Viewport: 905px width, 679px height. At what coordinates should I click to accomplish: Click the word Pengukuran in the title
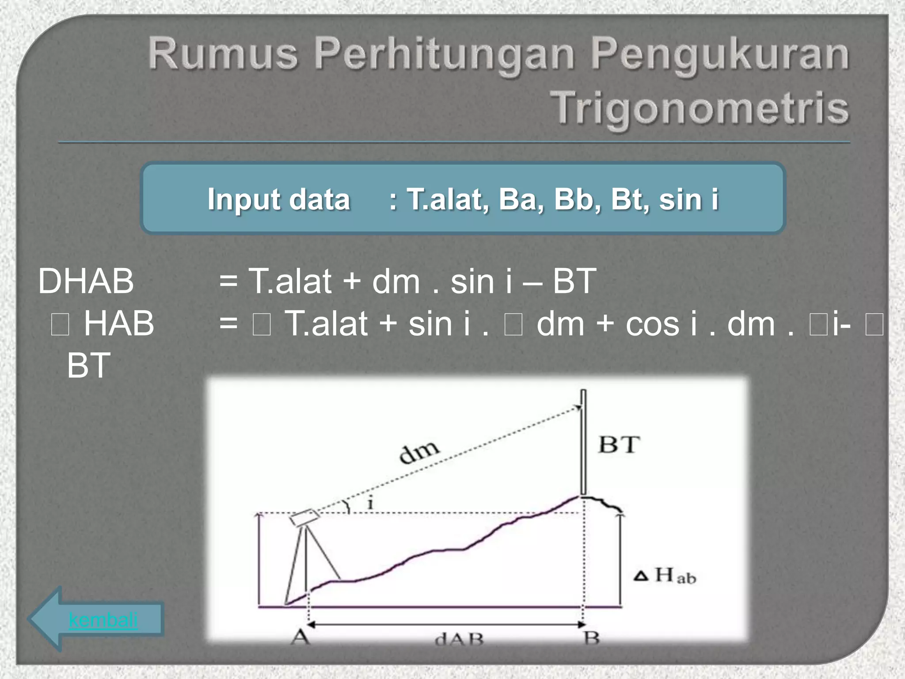[719, 55]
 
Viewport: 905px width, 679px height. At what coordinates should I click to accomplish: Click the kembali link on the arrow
[103, 620]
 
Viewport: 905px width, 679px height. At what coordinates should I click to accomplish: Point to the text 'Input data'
[279, 199]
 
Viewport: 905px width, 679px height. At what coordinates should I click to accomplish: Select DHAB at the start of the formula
[86, 281]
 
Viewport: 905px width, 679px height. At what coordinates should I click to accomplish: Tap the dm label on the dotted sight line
[419, 451]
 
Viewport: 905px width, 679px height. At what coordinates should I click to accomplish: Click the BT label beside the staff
[619, 445]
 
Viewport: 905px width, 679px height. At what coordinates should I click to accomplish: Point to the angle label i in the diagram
[370, 504]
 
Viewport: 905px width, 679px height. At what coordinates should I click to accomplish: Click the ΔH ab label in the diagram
[665, 576]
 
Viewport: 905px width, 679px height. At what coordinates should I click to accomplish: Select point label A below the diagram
[300, 637]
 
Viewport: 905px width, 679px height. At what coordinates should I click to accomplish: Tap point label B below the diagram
[591, 638]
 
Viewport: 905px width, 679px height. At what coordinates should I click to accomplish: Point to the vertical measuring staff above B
[583, 442]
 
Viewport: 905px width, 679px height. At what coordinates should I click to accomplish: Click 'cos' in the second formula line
[652, 324]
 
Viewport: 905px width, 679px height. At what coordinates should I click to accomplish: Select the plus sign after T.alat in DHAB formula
[351, 281]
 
